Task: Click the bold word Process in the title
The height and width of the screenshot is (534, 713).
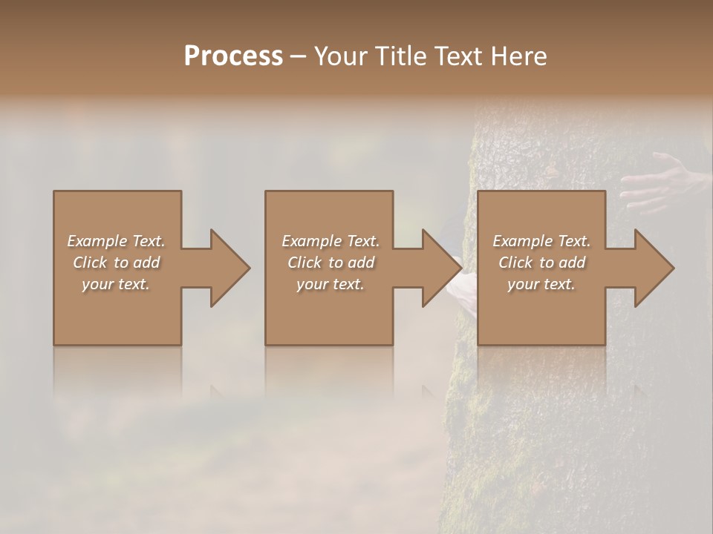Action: (233, 56)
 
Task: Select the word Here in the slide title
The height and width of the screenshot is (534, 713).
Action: (519, 56)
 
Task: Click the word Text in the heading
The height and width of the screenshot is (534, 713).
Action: (458, 56)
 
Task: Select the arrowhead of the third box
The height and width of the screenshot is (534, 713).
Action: (653, 268)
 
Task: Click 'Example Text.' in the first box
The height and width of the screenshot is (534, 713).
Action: (117, 241)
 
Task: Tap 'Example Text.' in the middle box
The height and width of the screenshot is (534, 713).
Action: (331, 241)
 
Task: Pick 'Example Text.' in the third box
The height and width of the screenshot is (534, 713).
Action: (541, 241)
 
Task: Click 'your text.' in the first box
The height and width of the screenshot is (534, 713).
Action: (117, 284)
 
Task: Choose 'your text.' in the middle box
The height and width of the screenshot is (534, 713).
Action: (331, 284)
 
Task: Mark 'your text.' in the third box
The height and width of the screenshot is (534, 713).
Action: (541, 284)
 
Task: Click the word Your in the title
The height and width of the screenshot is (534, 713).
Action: (340, 56)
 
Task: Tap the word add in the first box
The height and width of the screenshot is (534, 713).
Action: (146, 263)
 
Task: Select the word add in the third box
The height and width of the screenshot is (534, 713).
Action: (572, 263)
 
